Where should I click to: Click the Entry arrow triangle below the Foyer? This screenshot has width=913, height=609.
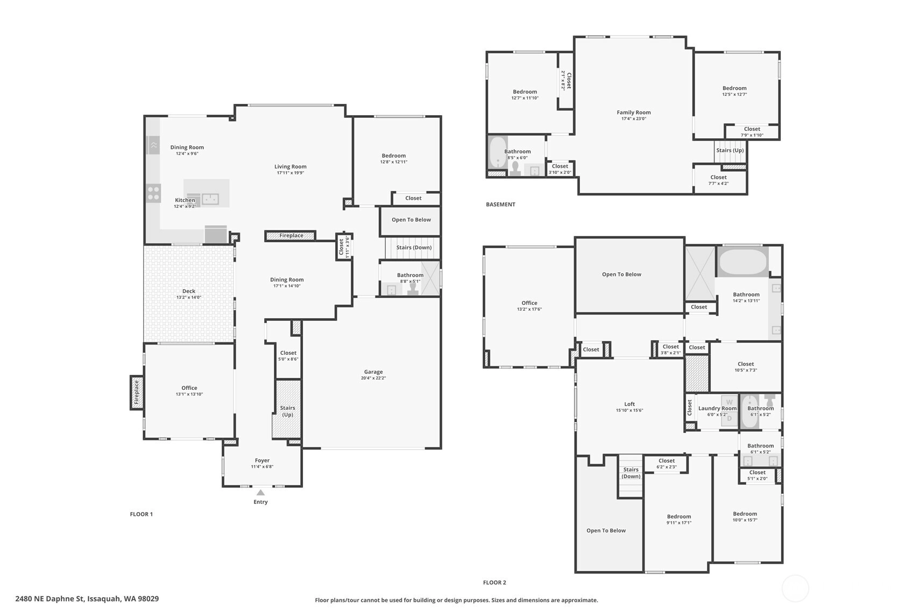click(x=260, y=492)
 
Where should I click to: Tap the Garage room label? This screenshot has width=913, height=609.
click(x=373, y=372)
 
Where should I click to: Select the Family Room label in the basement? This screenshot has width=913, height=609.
click(x=634, y=112)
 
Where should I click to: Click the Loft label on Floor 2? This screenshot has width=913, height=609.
click(x=629, y=404)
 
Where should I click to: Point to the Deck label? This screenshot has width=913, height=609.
click(x=189, y=291)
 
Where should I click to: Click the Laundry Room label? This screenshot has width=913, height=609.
click(x=717, y=408)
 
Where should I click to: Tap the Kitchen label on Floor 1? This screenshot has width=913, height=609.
click(x=185, y=200)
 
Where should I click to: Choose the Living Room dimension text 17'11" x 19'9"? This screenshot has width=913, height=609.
click(x=290, y=172)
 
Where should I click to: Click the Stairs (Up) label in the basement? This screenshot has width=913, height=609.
click(x=730, y=150)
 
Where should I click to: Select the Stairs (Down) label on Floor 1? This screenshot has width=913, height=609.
click(x=414, y=247)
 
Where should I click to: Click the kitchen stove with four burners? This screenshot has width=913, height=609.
click(x=154, y=193)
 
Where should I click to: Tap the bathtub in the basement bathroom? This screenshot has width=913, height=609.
click(x=497, y=152)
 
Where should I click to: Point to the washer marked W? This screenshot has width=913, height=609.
click(x=729, y=402)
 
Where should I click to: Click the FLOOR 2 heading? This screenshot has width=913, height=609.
click(x=494, y=583)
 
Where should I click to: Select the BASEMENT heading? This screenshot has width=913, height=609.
click(x=500, y=205)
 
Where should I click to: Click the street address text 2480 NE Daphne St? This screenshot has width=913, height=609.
click(x=49, y=599)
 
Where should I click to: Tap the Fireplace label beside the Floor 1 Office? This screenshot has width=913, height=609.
click(x=137, y=393)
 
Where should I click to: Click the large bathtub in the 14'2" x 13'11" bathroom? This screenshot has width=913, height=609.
click(x=742, y=262)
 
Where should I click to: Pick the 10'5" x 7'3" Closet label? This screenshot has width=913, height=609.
click(x=746, y=364)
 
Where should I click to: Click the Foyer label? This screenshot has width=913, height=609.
click(x=262, y=460)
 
